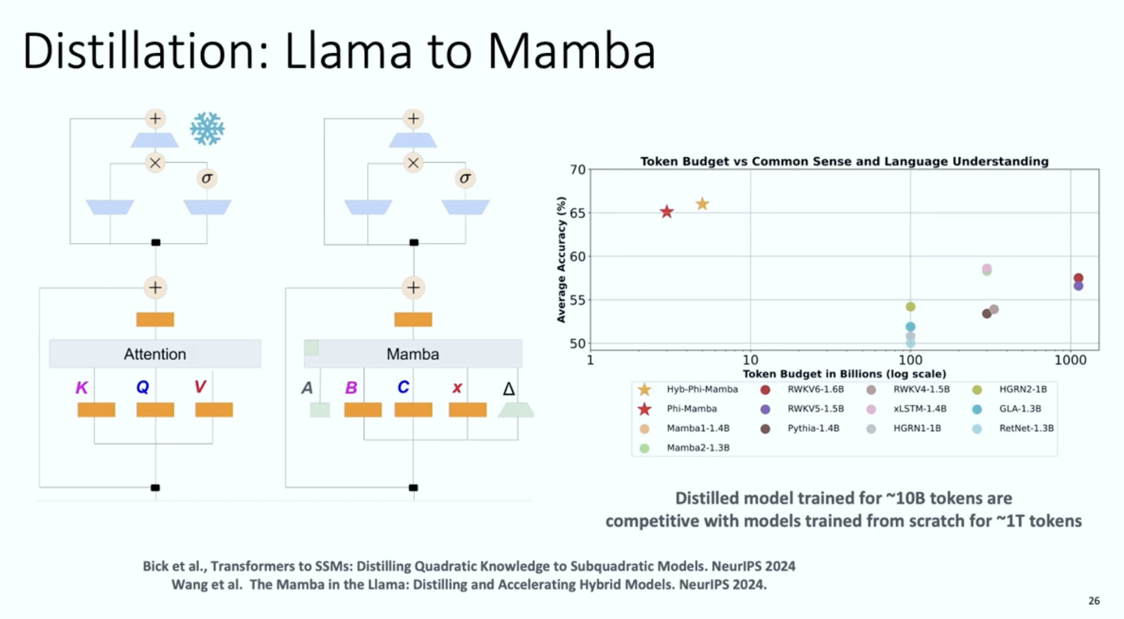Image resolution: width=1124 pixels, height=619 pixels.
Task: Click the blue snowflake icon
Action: coord(207,129)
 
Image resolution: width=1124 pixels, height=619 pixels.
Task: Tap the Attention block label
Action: coord(155,354)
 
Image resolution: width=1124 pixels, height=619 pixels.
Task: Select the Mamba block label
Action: coord(412,354)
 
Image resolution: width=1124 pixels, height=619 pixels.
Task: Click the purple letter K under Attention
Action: coord(81,388)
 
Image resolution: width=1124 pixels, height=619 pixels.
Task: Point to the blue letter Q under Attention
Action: coord(142,387)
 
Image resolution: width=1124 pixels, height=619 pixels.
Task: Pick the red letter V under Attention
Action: coord(200,387)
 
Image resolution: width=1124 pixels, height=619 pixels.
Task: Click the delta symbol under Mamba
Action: coord(509,389)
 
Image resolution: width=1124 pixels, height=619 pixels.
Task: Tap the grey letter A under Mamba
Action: coord(307,388)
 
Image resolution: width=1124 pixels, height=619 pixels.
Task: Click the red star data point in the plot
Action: coord(666,212)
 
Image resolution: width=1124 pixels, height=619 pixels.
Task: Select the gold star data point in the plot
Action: coord(702,204)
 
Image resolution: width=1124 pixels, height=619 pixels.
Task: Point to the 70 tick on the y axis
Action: coord(578,170)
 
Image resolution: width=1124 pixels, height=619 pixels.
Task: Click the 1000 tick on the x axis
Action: coord(1070,360)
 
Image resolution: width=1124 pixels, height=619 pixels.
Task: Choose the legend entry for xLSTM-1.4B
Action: coord(920,409)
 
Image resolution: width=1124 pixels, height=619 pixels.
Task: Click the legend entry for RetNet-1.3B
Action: coord(1026,428)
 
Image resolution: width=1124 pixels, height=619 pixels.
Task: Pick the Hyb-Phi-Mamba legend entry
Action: coord(702,389)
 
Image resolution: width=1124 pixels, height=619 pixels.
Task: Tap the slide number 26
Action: coord(1094,601)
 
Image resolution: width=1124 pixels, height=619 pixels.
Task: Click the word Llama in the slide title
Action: coord(348,51)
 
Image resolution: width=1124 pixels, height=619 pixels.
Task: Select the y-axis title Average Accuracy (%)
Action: coord(561,259)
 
